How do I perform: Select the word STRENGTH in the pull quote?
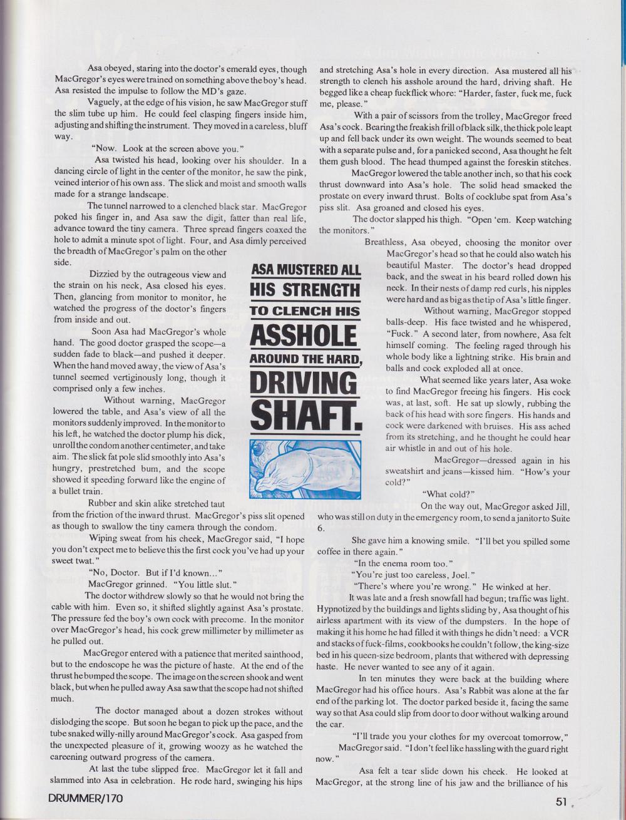(305, 290)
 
